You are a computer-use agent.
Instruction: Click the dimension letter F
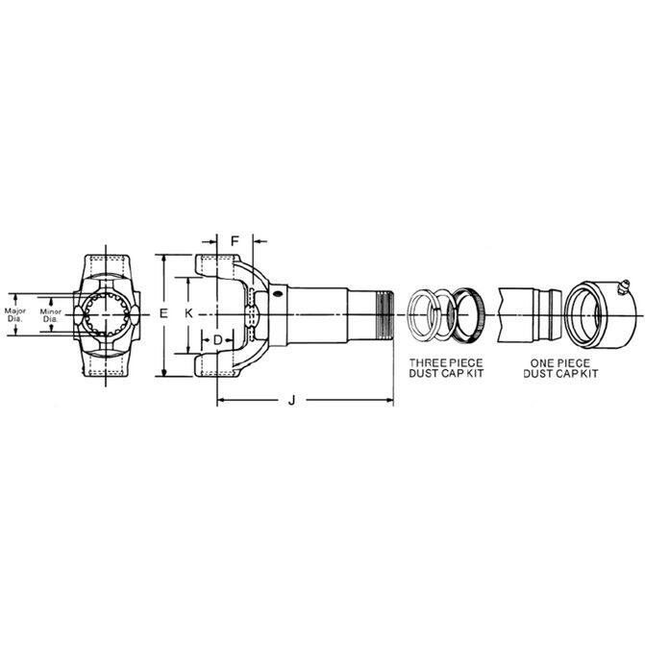(x=235, y=241)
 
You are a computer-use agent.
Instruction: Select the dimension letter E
(x=163, y=314)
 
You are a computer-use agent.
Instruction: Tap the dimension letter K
(x=188, y=314)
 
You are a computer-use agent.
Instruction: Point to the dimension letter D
(x=218, y=340)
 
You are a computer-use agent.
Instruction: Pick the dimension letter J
(x=291, y=400)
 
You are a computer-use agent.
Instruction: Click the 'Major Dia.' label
(x=15, y=315)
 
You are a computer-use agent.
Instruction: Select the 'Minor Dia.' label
(x=51, y=315)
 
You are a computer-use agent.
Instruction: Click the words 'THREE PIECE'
(x=446, y=363)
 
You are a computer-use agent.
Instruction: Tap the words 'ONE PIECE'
(x=559, y=363)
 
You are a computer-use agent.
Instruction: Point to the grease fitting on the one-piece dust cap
(x=623, y=286)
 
